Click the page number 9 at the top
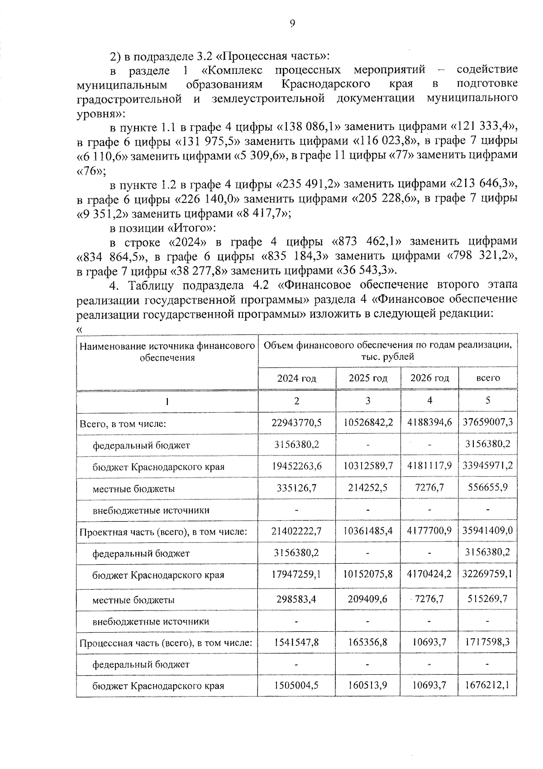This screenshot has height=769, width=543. (x=292, y=24)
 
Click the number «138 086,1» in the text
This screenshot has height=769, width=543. (x=311, y=126)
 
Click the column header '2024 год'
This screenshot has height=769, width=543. (x=296, y=378)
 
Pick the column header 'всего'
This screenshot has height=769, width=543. (x=488, y=377)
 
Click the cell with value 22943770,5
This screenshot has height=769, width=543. (x=296, y=422)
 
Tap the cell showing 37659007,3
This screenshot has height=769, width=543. (x=488, y=422)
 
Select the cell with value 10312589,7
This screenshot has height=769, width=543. (x=368, y=466)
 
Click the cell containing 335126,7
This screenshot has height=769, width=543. (x=296, y=488)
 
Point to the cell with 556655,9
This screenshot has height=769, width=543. (x=488, y=488)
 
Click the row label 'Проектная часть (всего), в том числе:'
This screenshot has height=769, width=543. (x=163, y=532)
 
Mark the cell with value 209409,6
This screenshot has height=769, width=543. (x=368, y=599)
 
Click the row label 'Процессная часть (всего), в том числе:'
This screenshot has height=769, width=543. (x=166, y=643)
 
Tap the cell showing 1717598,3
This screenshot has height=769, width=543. (x=488, y=642)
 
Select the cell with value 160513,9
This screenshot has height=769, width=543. (x=368, y=685)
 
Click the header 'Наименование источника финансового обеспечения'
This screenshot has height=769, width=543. (x=167, y=352)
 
